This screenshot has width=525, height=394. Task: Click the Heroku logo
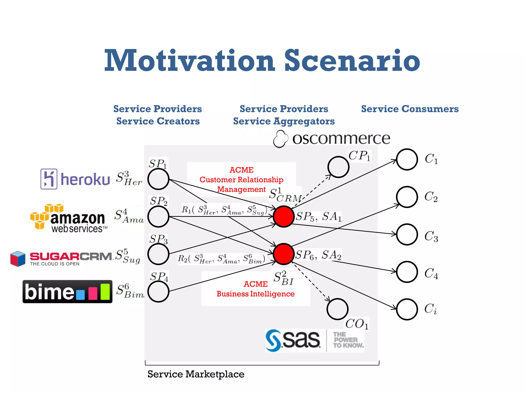[x=75, y=179]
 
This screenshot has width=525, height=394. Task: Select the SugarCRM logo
[x=61, y=258]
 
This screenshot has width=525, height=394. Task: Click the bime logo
[x=67, y=292]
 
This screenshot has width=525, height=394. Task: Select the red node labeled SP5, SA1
[x=283, y=216]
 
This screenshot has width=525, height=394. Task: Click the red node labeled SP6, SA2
[x=283, y=254]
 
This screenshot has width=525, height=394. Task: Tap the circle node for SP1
[x=158, y=179]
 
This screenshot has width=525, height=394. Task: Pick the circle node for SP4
[x=158, y=291]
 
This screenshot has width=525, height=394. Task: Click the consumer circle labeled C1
[x=407, y=159]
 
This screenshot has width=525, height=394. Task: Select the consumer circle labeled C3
[x=407, y=234]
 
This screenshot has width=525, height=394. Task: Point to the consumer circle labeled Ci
[x=407, y=309]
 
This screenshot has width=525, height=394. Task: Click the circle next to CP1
[x=338, y=167]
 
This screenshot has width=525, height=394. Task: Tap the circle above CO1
[x=337, y=309]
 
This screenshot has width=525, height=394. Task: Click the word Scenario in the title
[x=352, y=61]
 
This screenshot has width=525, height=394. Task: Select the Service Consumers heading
[x=410, y=109]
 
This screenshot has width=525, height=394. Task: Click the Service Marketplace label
[x=196, y=374]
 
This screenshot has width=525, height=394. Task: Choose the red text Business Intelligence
[x=255, y=294]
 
